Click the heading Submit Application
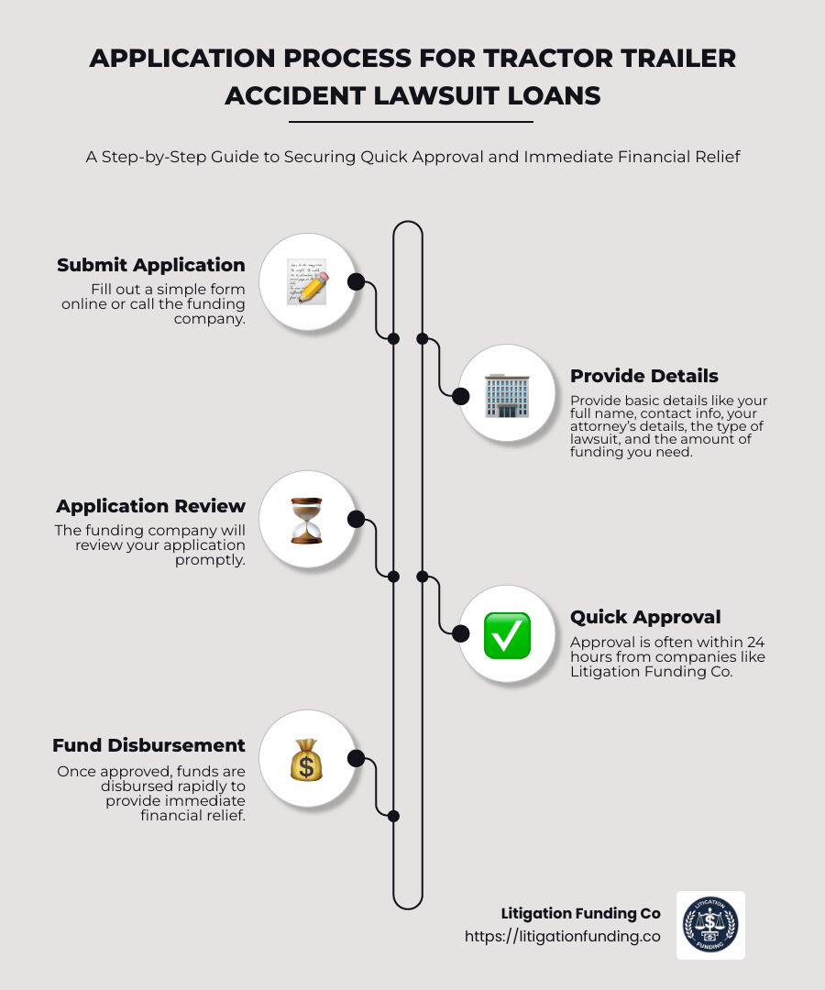pyautogui.click(x=151, y=265)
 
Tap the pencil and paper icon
pyautogui.click(x=306, y=281)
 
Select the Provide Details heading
pyautogui.click(x=644, y=376)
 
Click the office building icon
pyautogui.click(x=506, y=394)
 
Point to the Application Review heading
pyautogui.click(x=151, y=506)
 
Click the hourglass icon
pyautogui.click(x=306, y=521)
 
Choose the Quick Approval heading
pyautogui.click(x=645, y=617)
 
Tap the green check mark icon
pyautogui.click(x=507, y=634)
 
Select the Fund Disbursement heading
pyautogui.click(x=148, y=745)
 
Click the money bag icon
pyautogui.click(x=306, y=760)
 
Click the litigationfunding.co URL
pyautogui.click(x=562, y=937)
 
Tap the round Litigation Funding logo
pyautogui.click(x=710, y=925)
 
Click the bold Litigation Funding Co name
pyautogui.click(x=580, y=914)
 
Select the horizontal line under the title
pyautogui.click(x=411, y=121)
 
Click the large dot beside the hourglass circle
pyautogui.click(x=357, y=520)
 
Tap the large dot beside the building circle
pyautogui.click(x=459, y=395)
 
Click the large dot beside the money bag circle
pyautogui.click(x=357, y=758)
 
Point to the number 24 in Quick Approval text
pyautogui.click(x=755, y=642)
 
